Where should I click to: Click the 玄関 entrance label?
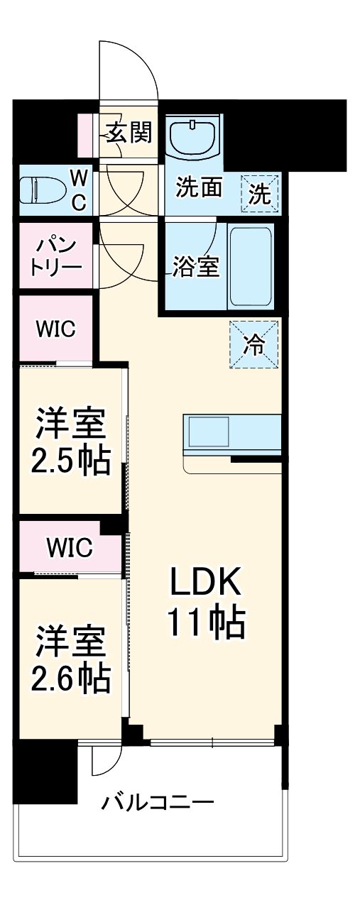click(x=129, y=131)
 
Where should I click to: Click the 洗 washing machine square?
click(x=260, y=194)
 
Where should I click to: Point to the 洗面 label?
click(x=200, y=188)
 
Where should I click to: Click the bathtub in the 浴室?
click(x=252, y=267)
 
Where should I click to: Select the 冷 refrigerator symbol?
click(x=253, y=344)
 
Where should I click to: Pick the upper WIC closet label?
click(x=55, y=329)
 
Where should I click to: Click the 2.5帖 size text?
click(x=70, y=461)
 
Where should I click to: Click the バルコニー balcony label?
click(x=157, y=804)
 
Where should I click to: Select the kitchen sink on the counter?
click(x=207, y=432)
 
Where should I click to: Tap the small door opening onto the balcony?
click(x=104, y=761)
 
